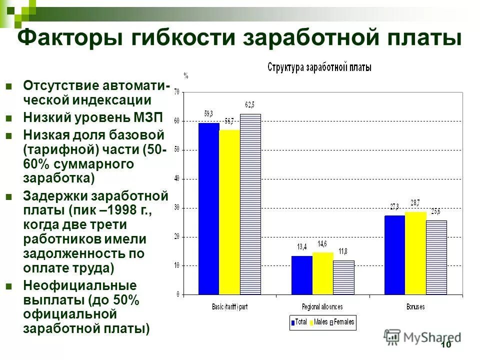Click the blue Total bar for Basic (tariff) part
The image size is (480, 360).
coord(208,208)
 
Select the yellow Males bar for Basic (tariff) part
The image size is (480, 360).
coord(229,212)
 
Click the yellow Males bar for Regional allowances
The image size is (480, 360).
coord(322,273)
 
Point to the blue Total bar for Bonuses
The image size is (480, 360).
coord(394,254)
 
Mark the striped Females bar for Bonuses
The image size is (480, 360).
coord(436,257)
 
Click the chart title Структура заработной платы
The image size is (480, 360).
coord(319,67)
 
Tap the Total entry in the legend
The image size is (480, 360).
coord(298,322)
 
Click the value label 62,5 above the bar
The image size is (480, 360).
coord(249,104)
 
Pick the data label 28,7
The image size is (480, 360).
coord(415,202)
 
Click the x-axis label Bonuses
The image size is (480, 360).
coord(415,306)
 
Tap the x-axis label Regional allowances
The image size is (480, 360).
coord(322,306)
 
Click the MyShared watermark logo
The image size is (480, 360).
coord(422,336)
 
